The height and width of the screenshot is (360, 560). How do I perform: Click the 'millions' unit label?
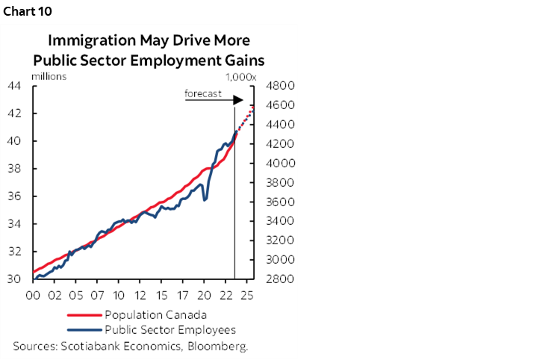(49, 75)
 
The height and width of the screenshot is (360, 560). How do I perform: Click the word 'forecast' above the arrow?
(203, 93)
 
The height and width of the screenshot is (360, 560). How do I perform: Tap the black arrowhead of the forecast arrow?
(239, 100)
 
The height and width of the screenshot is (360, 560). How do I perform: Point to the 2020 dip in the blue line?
(205, 199)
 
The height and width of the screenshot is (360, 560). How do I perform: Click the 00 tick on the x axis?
(33, 295)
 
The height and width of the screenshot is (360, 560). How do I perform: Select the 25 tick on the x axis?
(248, 295)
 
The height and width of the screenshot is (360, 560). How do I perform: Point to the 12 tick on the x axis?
(140, 295)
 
